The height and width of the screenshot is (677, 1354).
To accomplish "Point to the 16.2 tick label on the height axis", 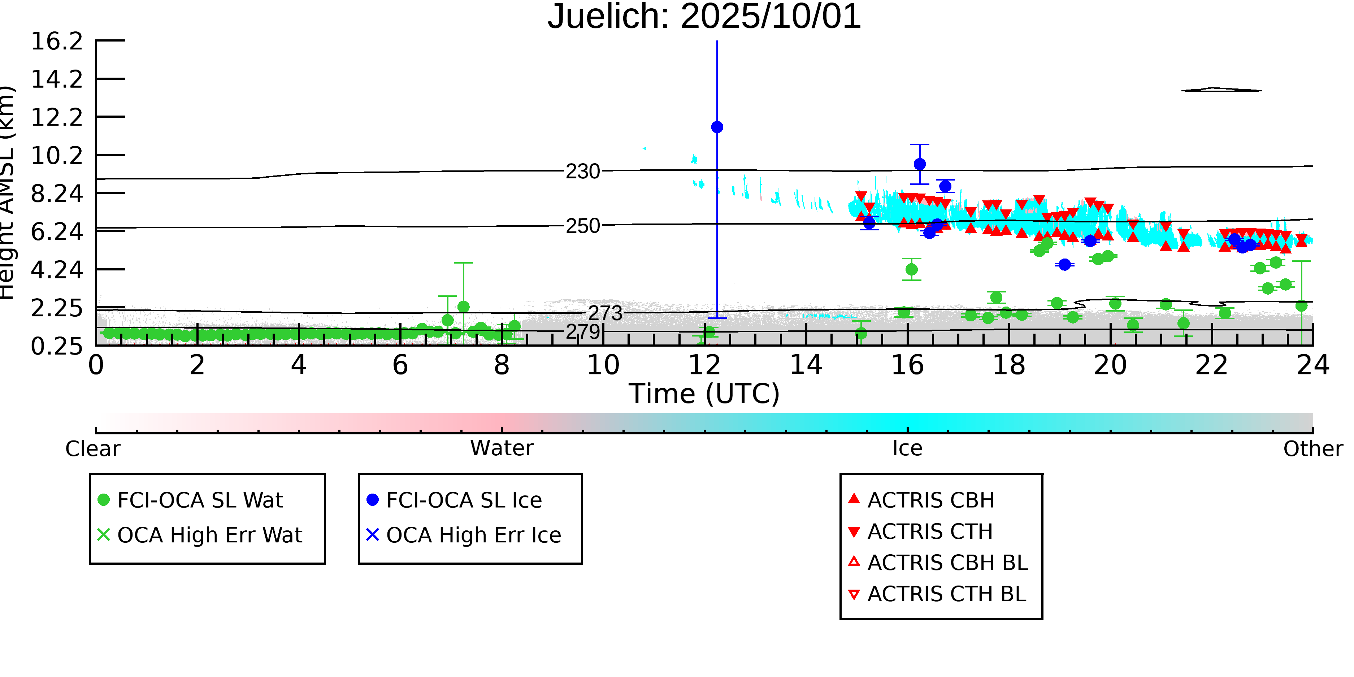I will [x=57, y=41].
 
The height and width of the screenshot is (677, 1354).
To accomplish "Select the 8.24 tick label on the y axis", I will [x=57, y=194].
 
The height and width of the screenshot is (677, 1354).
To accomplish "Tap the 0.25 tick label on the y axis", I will [x=57, y=346].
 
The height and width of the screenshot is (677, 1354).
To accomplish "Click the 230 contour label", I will [x=582, y=172].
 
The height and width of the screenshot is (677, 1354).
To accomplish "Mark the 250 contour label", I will [x=582, y=226].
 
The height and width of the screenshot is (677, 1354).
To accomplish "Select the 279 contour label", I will [x=582, y=332].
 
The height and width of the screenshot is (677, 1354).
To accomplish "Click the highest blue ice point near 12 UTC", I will [x=717, y=127].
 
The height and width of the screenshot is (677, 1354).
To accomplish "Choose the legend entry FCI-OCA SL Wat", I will [x=200, y=500].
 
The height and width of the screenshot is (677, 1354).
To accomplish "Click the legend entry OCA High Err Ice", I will [x=473, y=535].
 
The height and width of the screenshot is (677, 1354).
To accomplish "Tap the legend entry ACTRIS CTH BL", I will [x=946, y=594].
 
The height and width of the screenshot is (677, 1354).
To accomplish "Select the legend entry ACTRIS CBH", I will [x=930, y=500].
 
